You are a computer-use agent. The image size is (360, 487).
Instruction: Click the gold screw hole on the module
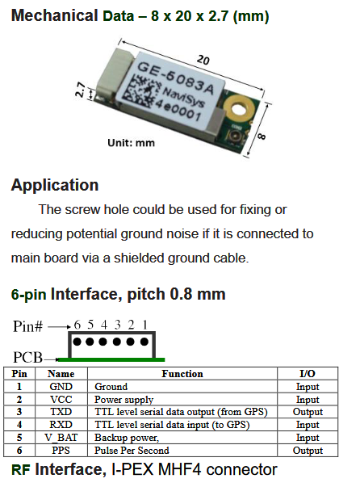[x=239, y=109]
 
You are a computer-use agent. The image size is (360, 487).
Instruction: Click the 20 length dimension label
[x=203, y=59]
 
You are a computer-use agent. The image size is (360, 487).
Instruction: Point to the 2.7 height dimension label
[x=80, y=90]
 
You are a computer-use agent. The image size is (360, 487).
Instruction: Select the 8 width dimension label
[x=262, y=136]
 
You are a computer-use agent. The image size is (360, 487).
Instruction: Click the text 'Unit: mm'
[x=131, y=143]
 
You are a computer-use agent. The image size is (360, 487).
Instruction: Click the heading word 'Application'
[x=55, y=185]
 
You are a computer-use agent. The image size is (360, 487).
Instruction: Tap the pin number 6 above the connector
[x=77, y=325]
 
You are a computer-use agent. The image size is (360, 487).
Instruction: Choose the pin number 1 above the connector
[x=144, y=325]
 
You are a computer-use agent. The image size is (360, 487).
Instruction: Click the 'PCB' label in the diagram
[x=27, y=358]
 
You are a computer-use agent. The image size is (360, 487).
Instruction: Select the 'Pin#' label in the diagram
[x=28, y=326]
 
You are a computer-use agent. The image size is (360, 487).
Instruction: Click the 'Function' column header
[x=182, y=374]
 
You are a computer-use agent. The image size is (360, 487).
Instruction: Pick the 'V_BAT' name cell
[x=61, y=437]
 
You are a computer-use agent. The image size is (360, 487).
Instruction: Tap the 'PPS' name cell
[x=61, y=451]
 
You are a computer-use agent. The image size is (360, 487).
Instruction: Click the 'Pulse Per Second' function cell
[x=132, y=451]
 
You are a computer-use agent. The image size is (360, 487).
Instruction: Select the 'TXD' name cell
[x=61, y=412]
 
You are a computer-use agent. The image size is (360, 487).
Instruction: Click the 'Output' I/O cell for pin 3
[x=308, y=412]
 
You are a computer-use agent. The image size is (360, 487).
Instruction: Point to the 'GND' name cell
[x=61, y=386]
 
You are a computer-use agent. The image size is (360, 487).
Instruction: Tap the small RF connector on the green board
[x=236, y=136]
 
